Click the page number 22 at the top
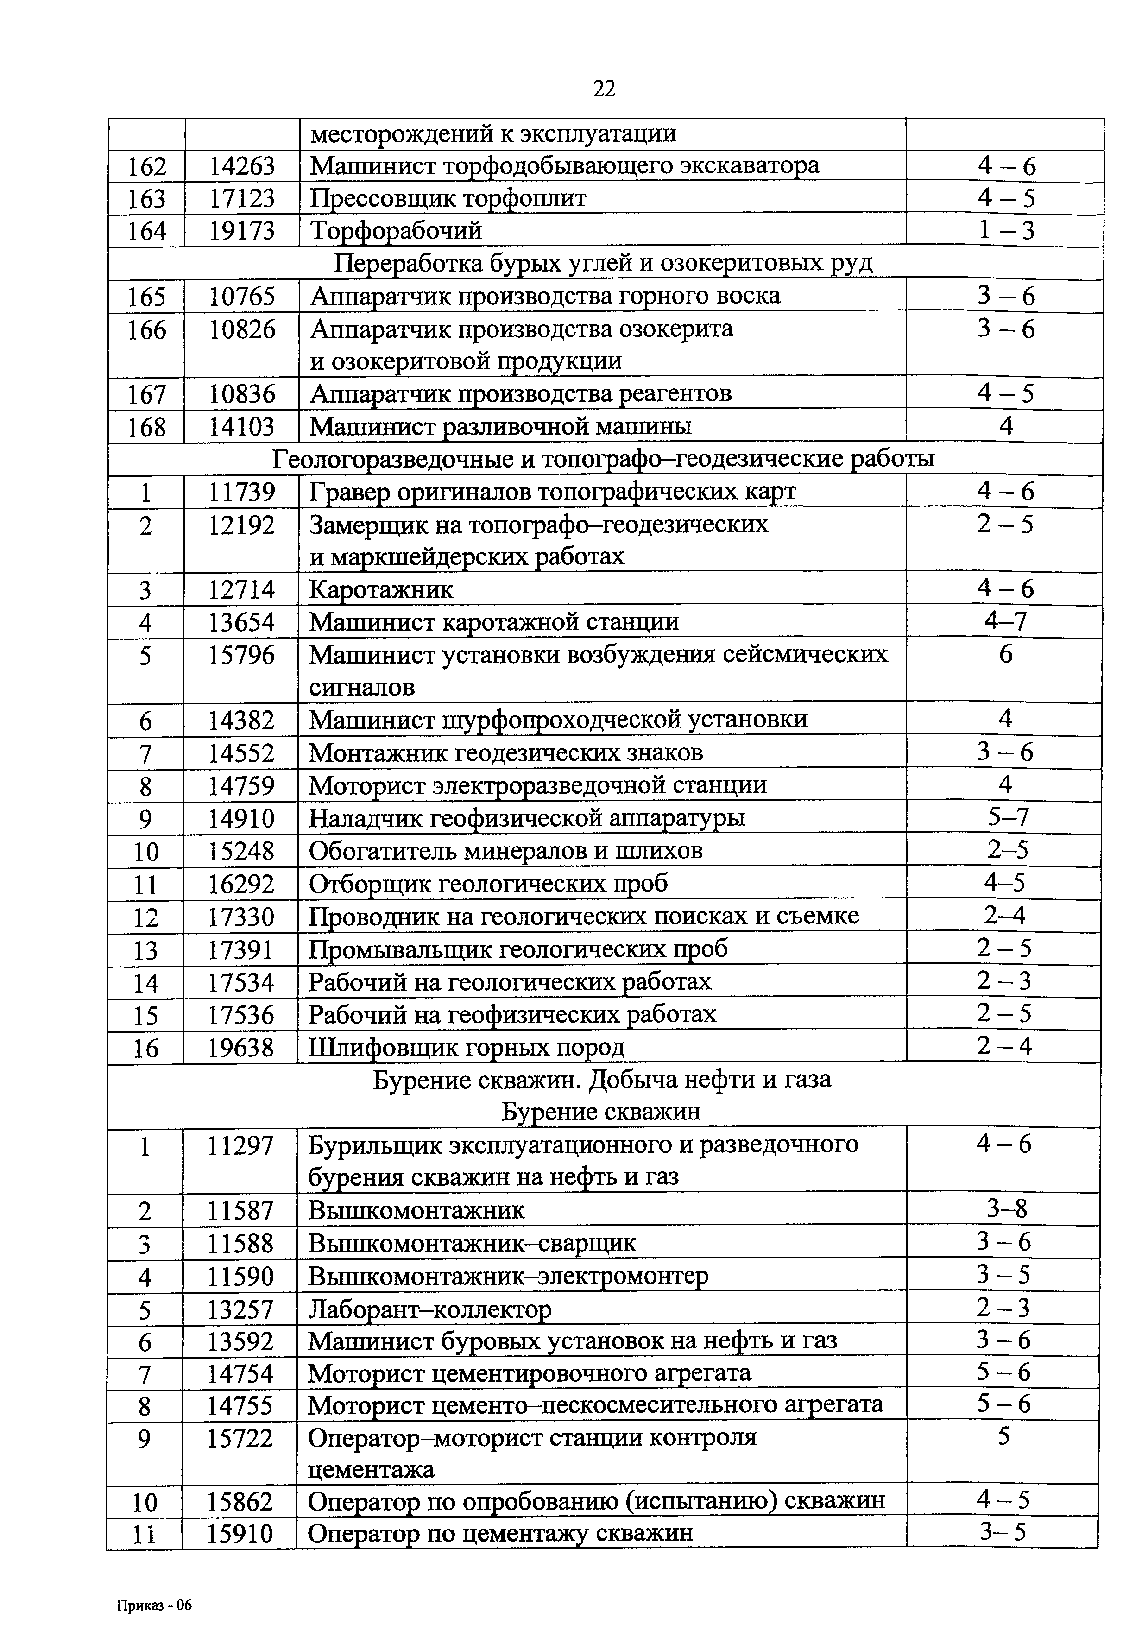tap(604, 89)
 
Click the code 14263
tap(241, 165)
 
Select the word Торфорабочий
tap(397, 231)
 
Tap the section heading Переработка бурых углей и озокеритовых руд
tap(603, 263)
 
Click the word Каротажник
tap(381, 589)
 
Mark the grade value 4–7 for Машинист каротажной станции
tap(1005, 621)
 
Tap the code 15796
tap(241, 655)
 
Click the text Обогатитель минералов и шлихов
tap(505, 851)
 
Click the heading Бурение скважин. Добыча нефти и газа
tap(602, 1080)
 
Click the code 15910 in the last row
tap(240, 1534)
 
